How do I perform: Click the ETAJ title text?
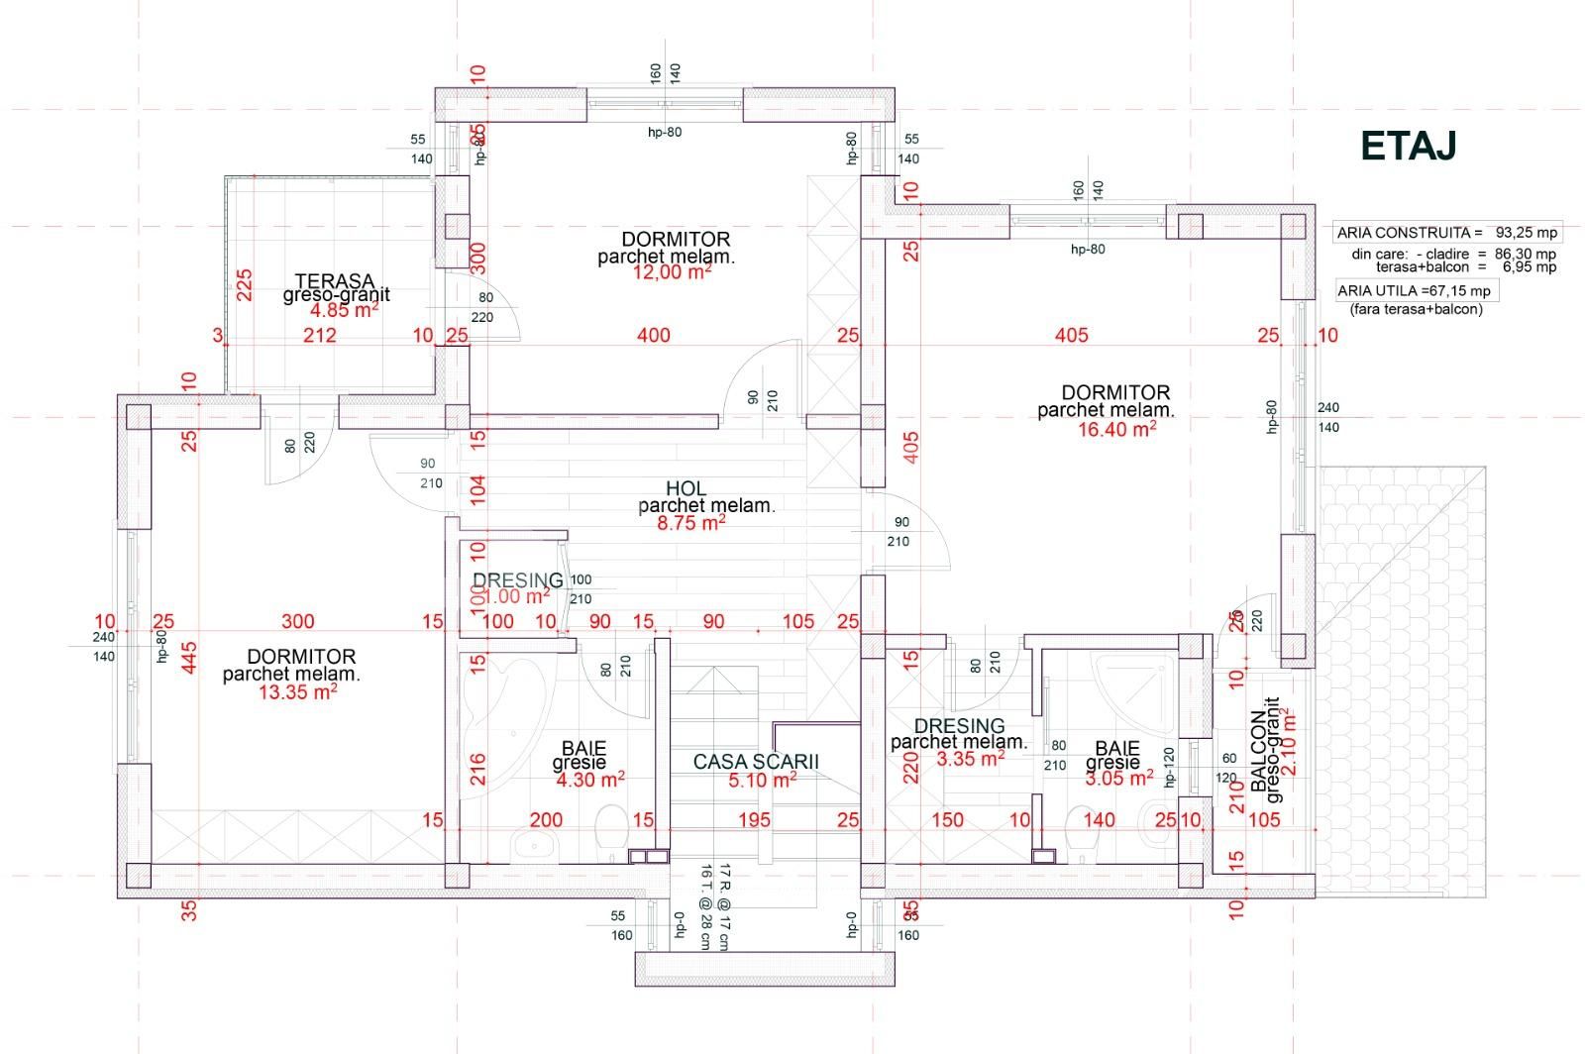1408,146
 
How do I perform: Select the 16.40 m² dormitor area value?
1117,429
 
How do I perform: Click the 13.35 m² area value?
297,692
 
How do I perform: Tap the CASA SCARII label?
756,762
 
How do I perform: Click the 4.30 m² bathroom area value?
590,780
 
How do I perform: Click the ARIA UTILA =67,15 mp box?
1413,290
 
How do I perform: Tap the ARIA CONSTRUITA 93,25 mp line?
1446,233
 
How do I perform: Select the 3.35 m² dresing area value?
970,760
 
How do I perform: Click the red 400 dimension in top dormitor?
653,336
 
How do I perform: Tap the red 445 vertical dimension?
189,658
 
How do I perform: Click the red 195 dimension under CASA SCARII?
754,820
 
